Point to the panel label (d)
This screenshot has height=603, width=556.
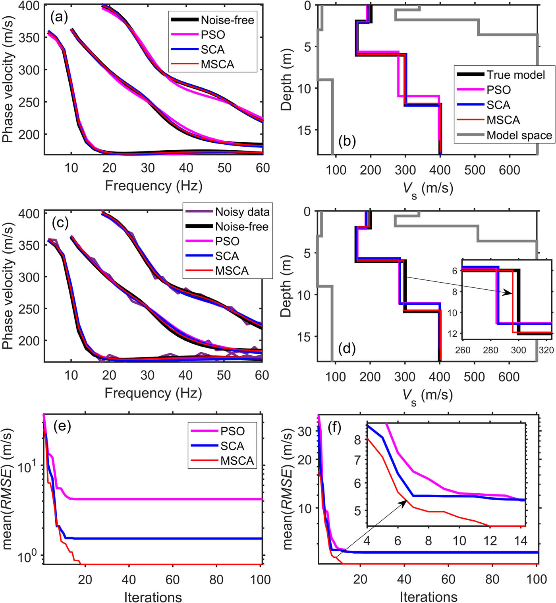(347, 349)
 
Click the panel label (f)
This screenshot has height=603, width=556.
(335, 428)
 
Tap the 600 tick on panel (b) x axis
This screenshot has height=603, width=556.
(509, 170)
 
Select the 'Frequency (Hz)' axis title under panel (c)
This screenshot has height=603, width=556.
(153, 393)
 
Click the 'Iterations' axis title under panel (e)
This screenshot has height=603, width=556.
(153, 597)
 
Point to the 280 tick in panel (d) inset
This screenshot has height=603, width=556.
(490, 350)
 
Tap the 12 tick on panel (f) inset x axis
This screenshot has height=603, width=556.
(490, 541)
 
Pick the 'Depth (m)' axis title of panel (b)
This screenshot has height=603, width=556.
(286, 79)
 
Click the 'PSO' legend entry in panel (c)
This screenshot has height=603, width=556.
(227, 241)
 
